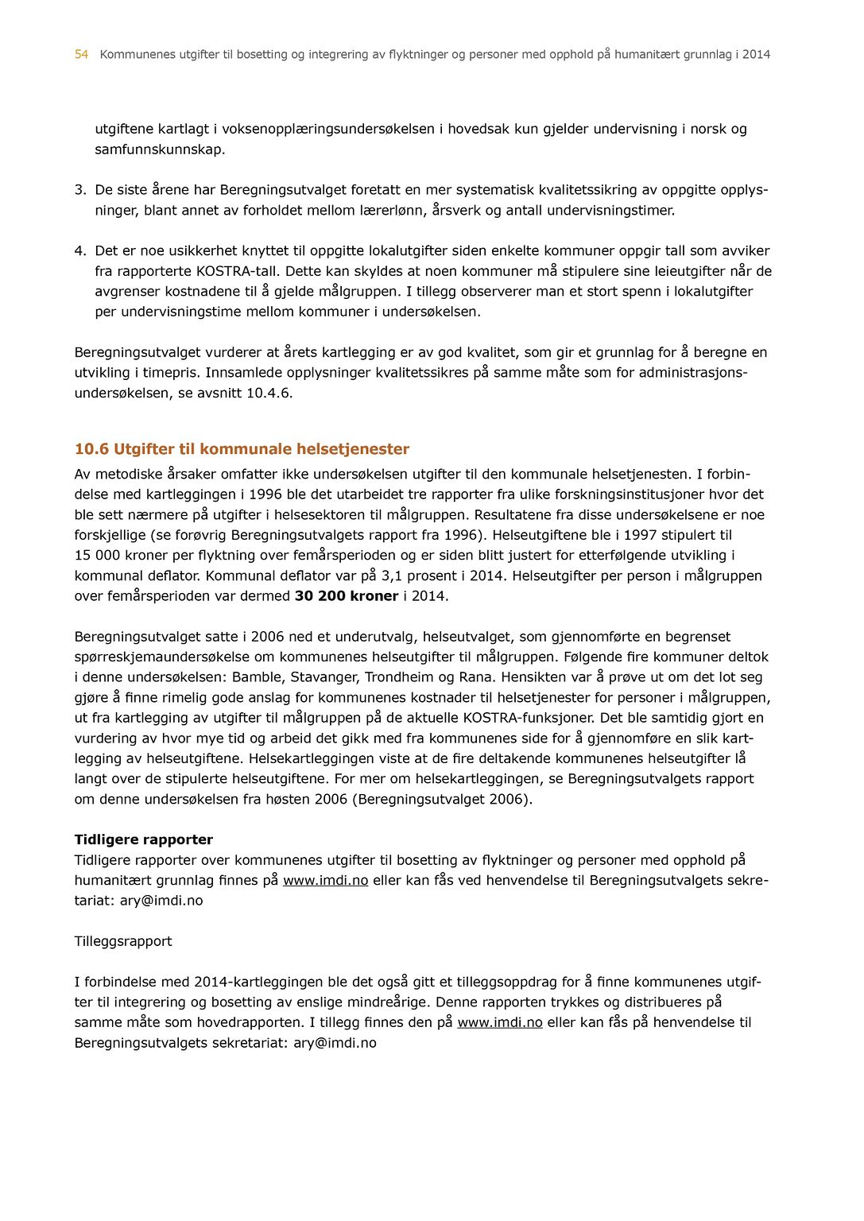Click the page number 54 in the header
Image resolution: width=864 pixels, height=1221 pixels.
[81, 55]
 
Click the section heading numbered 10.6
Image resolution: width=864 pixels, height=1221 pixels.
[242, 449]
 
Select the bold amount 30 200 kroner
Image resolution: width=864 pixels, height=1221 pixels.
[347, 596]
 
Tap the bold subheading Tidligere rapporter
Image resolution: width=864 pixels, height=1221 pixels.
[144, 839]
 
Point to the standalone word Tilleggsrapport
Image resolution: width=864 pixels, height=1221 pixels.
[123, 941]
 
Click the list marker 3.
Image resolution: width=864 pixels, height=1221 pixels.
[79, 190]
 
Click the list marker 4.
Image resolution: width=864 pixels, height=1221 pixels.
[79, 251]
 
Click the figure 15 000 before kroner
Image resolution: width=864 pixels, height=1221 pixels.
[98, 556]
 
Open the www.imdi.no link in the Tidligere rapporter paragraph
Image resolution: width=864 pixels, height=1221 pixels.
[326, 880]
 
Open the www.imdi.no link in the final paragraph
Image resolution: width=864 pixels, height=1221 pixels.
[500, 1022]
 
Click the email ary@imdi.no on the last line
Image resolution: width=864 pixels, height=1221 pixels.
[335, 1043]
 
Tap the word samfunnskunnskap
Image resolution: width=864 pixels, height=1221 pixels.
[160, 149]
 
